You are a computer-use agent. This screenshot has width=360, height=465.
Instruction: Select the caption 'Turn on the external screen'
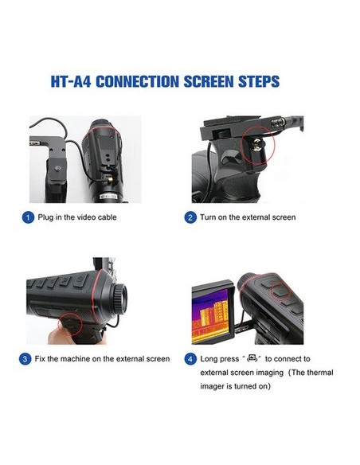click(247, 217)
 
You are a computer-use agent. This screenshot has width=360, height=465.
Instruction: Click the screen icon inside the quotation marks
click(254, 358)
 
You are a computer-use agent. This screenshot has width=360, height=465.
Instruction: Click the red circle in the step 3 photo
click(73, 324)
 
